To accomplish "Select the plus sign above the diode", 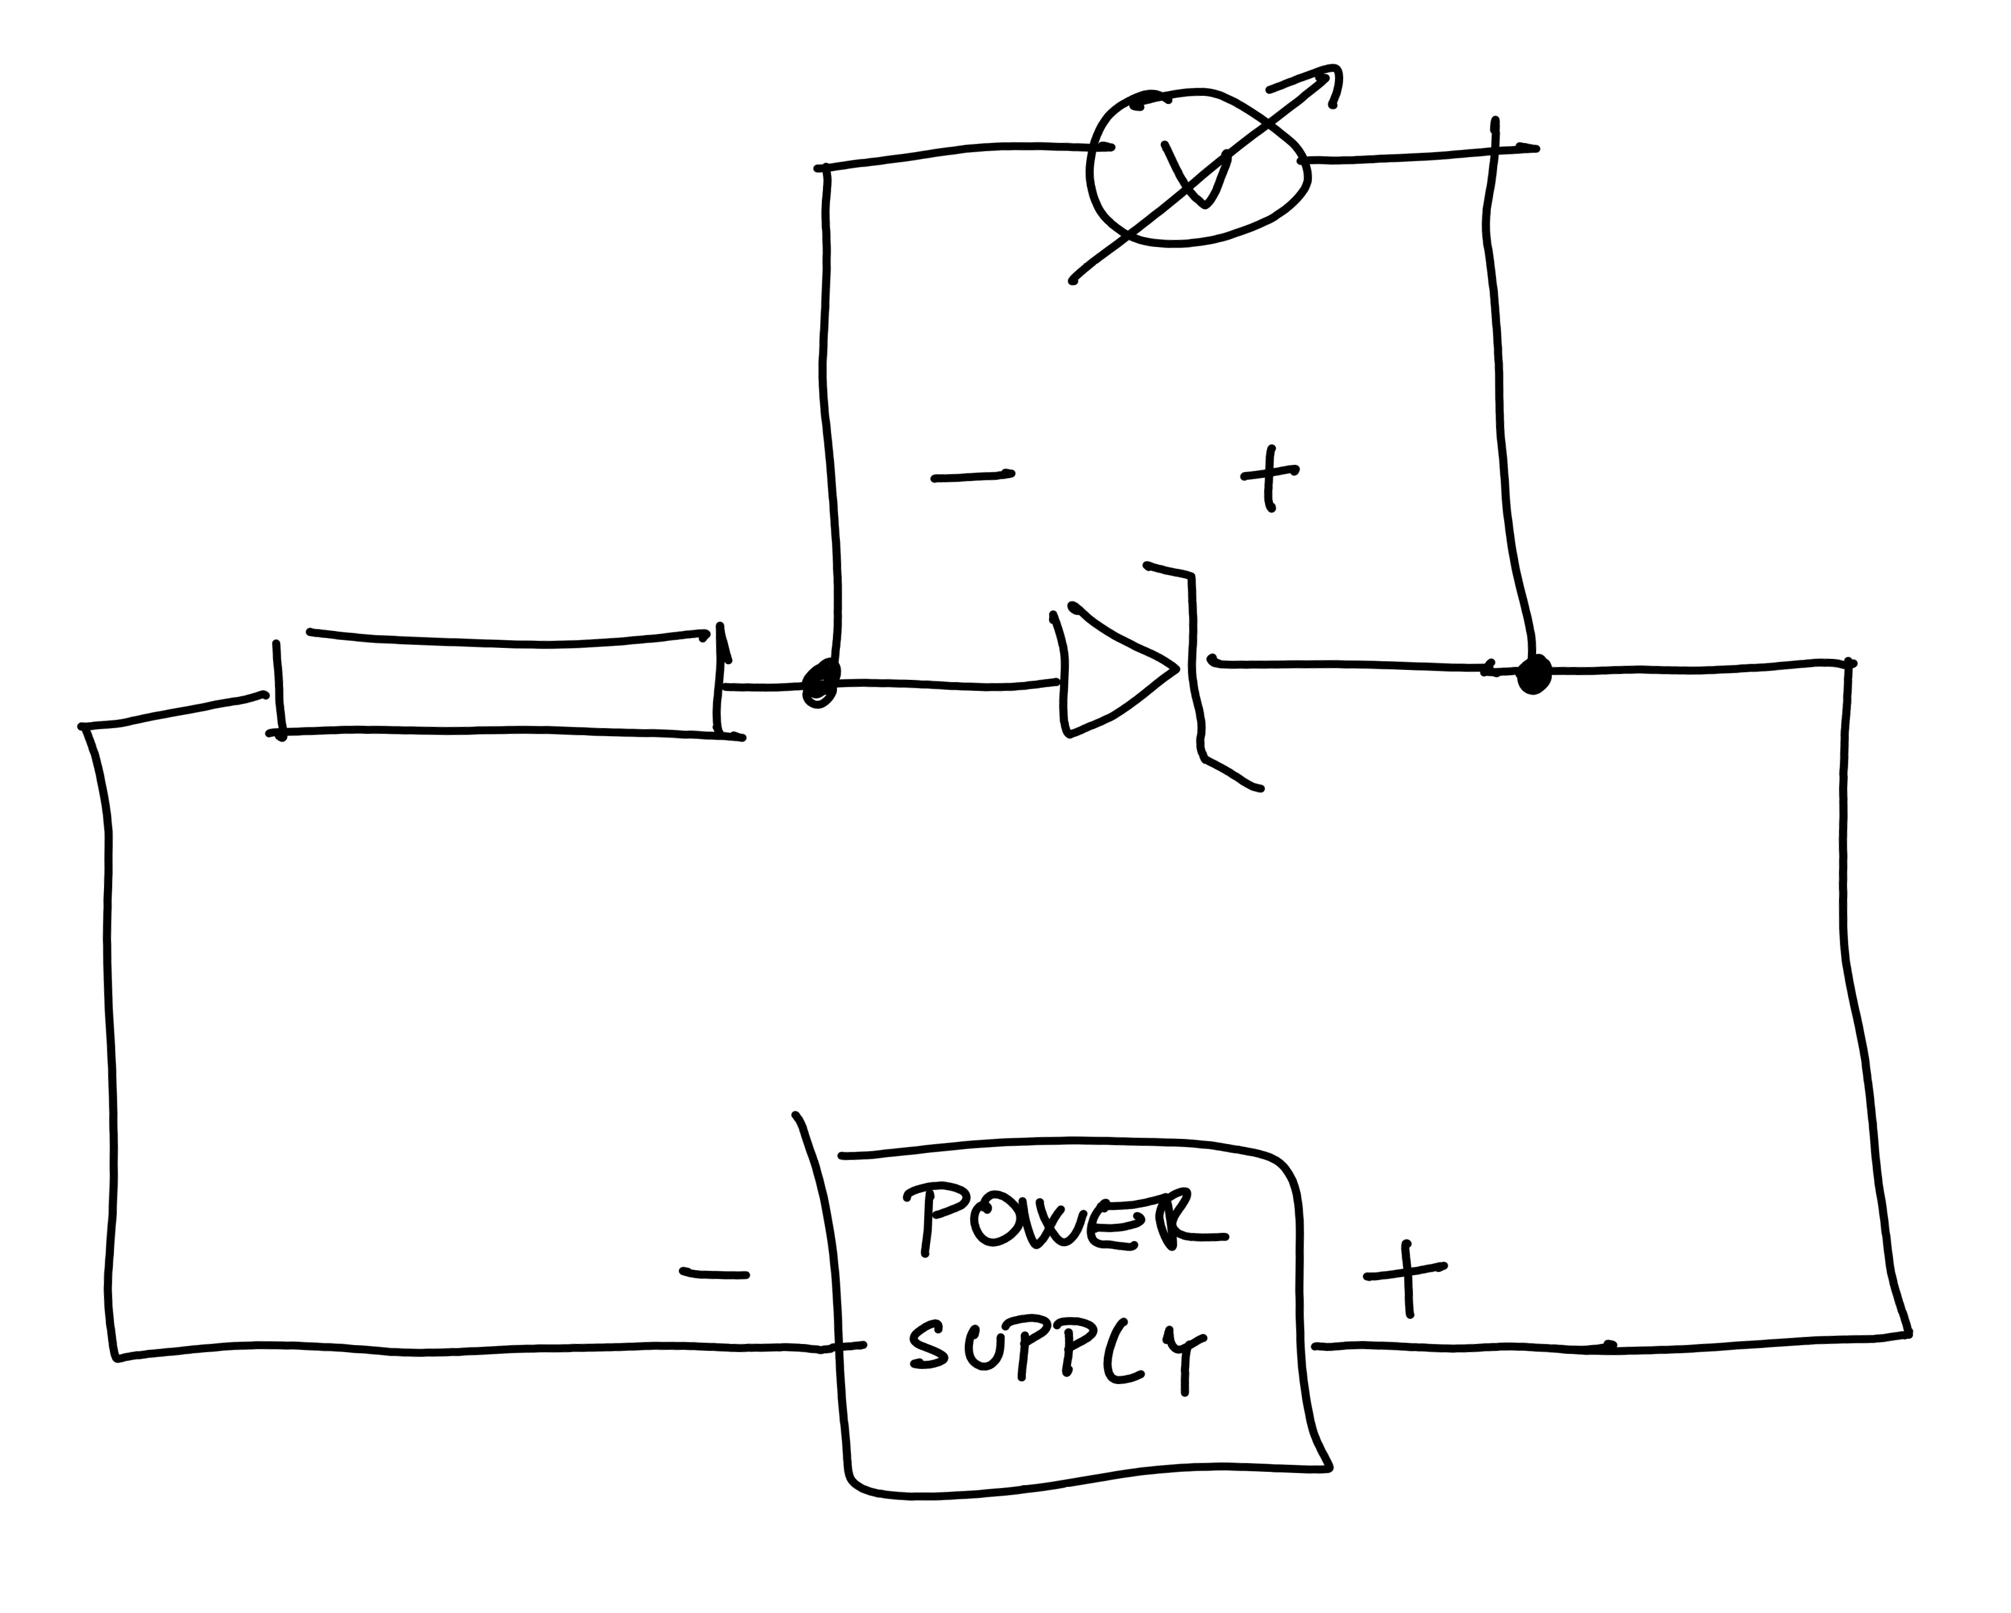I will pos(1269,475).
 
